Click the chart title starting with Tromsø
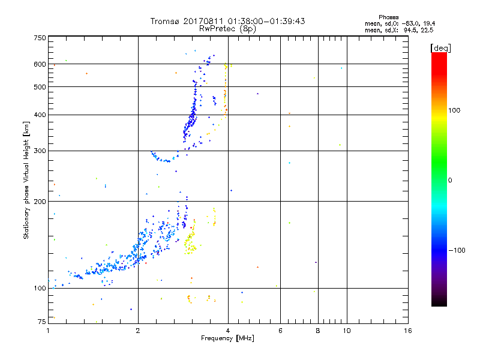click(x=227, y=21)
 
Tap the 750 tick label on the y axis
click(x=40, y=38)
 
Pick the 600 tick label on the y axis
click(x=40, y=64)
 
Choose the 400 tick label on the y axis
click(x=40, y=115)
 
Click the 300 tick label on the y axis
click(x=40, y=151)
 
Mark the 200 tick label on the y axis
click(x=40, y=202)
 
